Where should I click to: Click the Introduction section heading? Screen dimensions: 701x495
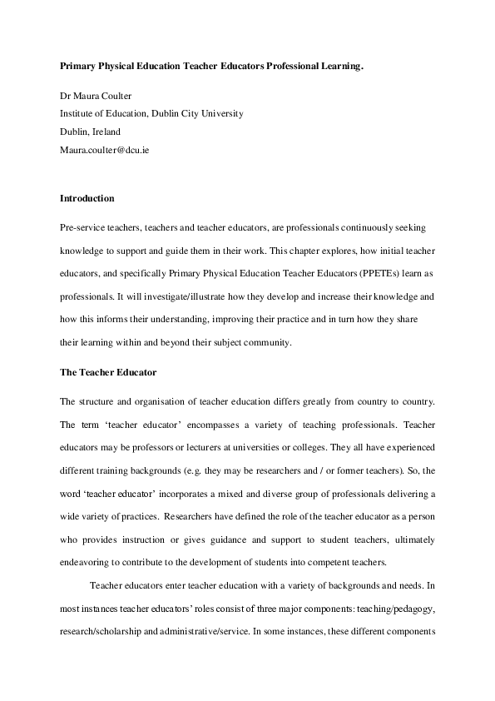tap(87, 198)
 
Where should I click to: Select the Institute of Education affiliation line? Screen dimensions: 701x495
tap(151, 113)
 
